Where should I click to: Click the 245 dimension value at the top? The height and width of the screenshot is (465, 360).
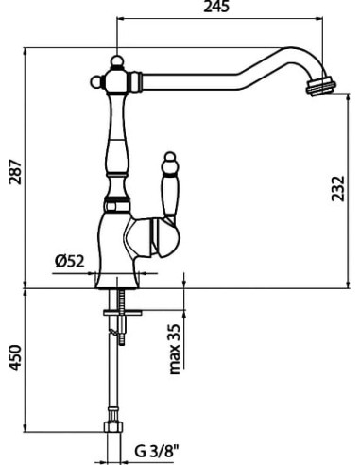215,7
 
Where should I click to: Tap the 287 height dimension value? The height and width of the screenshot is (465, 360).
15,172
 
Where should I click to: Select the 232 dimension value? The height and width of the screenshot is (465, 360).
338,188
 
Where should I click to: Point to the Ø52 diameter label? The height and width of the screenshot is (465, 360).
70,261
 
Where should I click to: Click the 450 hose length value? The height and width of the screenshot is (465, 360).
14,358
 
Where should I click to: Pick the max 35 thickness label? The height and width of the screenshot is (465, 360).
175,349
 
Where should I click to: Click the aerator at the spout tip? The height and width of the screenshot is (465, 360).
320,85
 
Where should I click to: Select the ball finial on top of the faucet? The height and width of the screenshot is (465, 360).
117,61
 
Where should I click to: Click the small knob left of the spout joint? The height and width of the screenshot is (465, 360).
95,82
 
